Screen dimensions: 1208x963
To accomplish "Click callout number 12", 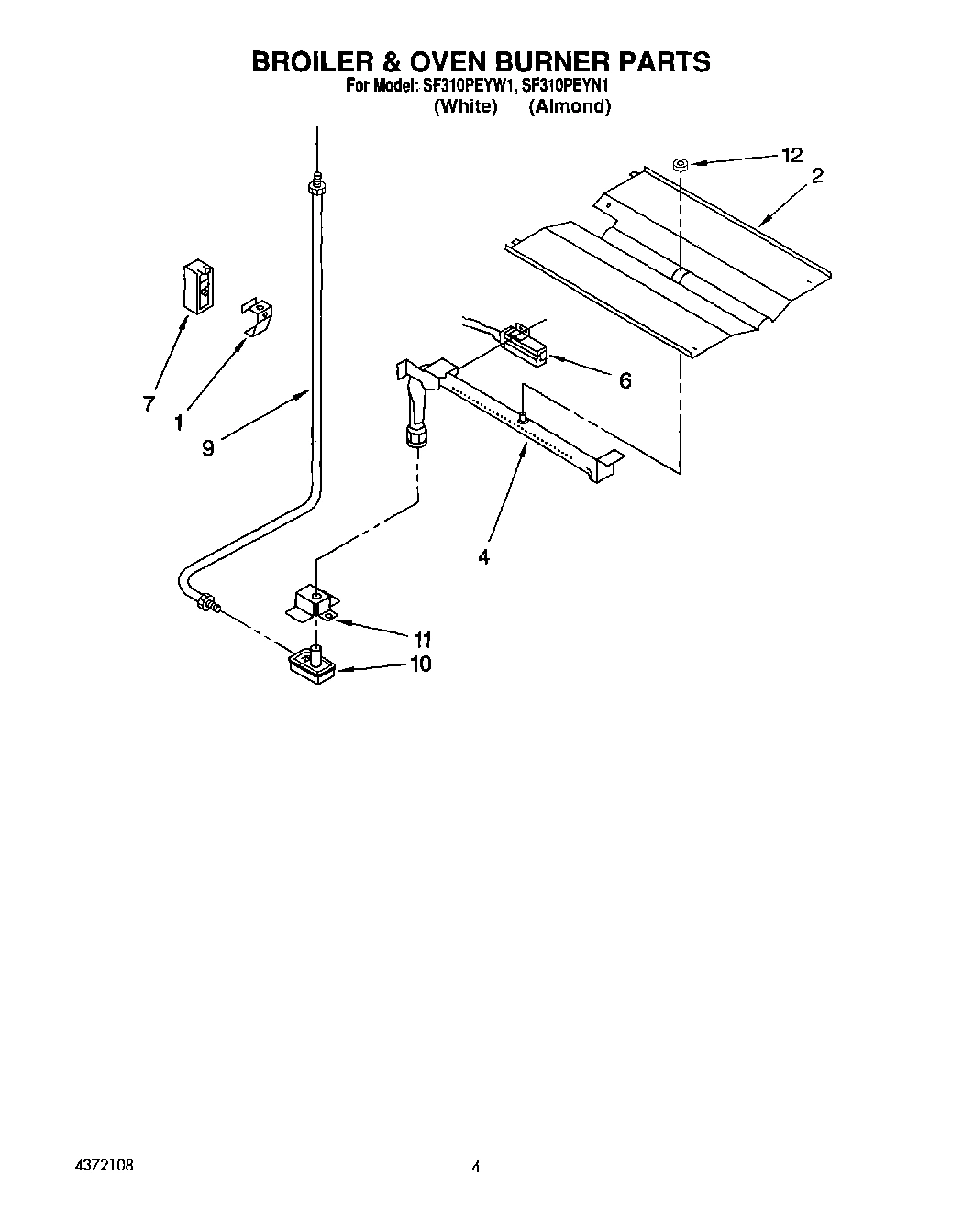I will pos(791,155).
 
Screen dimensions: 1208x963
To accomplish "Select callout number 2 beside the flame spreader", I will pos(816,176).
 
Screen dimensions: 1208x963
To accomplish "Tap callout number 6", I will pos(625,380).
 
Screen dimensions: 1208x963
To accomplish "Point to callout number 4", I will pos(483,556).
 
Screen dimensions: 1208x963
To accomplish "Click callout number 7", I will pos(149,403).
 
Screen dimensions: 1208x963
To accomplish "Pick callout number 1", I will pos(179,422).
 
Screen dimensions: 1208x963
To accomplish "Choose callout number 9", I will pos(208,449).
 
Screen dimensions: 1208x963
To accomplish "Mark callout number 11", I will pos(423,639).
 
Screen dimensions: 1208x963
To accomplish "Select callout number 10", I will pos(420,663).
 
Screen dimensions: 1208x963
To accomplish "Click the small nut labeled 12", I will pos(680,165).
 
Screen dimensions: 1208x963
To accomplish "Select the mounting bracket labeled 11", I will pos(313,605).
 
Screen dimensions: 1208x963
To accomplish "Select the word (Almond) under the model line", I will pos(570,106).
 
